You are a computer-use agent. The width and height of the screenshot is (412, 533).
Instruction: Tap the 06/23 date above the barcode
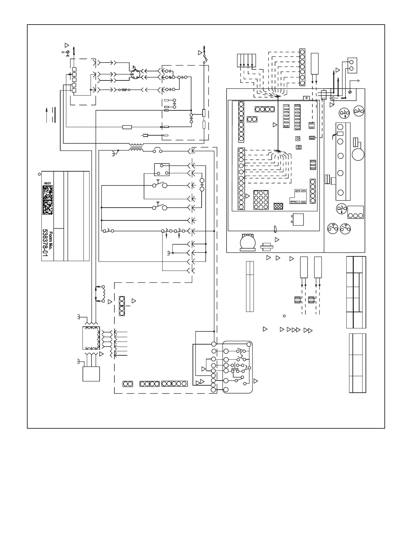click(47, 183)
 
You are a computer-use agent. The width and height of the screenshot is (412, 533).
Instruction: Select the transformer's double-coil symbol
click(136, 148)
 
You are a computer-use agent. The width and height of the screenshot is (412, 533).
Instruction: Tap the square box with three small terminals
click(162, 170)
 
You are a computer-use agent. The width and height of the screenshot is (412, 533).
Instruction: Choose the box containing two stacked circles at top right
click(352, 65)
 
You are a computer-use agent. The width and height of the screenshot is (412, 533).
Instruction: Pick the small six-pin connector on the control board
click(278, 206)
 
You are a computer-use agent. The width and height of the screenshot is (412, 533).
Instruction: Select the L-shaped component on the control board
click(300, 197)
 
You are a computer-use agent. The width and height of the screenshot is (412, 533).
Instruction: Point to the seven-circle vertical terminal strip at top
click(302, 67)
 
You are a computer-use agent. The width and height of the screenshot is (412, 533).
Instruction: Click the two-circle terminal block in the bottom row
click(128, 384)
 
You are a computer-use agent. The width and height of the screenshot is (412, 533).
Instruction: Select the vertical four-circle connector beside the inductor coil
click(122, 306)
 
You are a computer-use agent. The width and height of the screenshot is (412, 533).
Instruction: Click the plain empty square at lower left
click(91, 374)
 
